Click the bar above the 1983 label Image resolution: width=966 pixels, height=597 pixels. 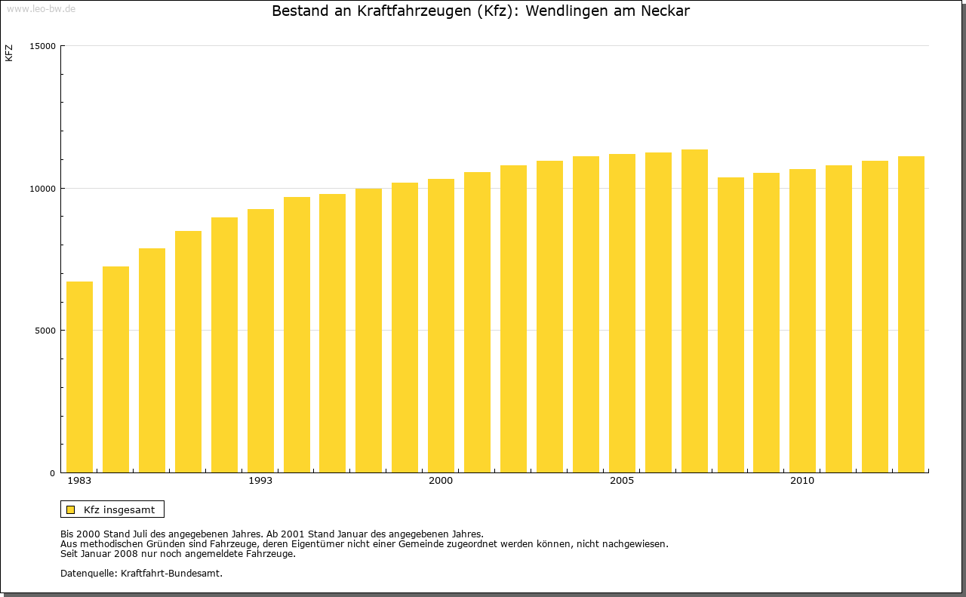[x=79, y=377]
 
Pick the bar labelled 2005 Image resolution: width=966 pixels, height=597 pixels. [x=622, y=313]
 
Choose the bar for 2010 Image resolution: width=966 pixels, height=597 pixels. [x=802, y=321]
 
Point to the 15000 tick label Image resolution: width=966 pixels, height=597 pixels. [x=44, y=46]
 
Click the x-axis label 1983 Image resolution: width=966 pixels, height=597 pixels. [x=79, y=481]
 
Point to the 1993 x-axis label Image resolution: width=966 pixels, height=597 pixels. [x=260, y=481]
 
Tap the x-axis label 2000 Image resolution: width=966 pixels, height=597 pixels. [x=441, y=481]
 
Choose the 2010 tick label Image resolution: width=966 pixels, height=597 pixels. [x=802, y=481]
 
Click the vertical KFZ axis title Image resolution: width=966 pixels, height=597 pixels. [x=9, y=53]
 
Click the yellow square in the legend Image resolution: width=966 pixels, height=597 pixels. [x=70, y=509]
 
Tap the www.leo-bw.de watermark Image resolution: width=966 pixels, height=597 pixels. [x=40, y=8]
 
